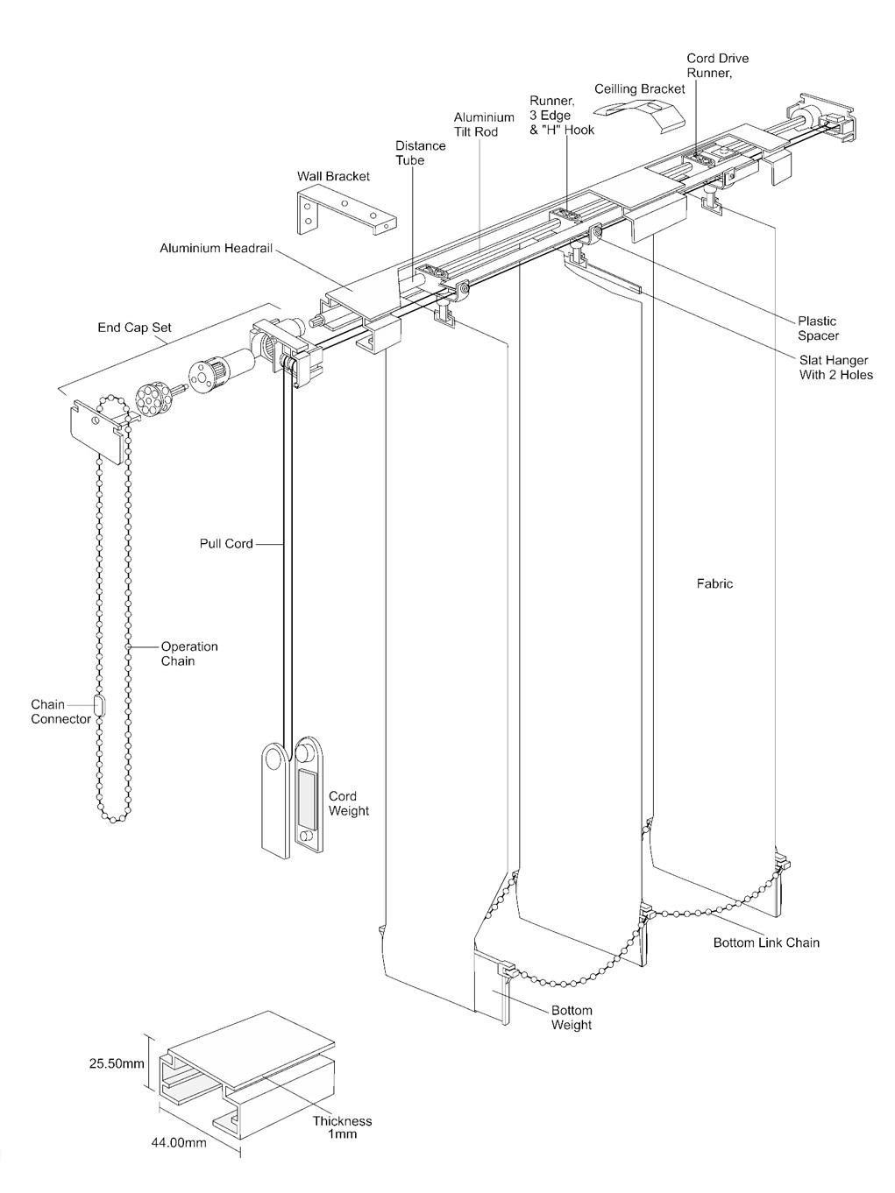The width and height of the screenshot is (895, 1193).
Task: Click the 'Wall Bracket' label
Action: click(333, 176)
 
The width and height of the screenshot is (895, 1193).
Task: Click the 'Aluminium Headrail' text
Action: click(216, 248)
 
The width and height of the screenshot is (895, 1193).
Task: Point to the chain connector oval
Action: click(99, 704)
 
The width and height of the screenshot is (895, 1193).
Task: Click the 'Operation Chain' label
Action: click(188, 653)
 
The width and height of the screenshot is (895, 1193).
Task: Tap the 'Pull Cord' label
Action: click(226, 543)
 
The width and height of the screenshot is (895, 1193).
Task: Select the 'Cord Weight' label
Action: click(348, 803)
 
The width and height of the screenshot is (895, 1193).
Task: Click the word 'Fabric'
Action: click(714, 583)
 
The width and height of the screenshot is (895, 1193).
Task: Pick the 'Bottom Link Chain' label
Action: click(765, 942)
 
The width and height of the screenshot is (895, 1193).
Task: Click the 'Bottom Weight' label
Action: click(571, 1018)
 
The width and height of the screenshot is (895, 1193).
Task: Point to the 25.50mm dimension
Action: click(117, 1064)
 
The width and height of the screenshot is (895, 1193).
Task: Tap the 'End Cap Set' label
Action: click(134, 328)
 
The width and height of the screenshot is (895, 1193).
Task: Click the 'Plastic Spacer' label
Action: click(817, 328)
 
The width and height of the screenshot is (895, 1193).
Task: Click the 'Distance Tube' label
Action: click(420, 152)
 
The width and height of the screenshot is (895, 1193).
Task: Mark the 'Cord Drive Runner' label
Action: click(717, 66)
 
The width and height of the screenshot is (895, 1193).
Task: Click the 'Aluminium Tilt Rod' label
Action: click(484, 124)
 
